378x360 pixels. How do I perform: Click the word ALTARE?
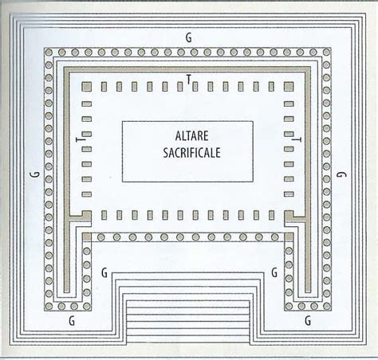[191, 136]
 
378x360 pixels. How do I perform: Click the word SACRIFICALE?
[191, 153]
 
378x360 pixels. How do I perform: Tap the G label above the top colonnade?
[188, 37]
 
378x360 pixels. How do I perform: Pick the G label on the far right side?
[341, 174]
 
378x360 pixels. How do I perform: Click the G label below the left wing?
[72, 321]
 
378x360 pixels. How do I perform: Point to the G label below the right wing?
[308, 321]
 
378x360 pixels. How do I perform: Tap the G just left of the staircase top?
[104, 272]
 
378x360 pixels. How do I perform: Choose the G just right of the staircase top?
[274, 272]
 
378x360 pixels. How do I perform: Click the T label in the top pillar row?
[188, 79]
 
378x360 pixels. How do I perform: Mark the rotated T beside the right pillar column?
[297, 139]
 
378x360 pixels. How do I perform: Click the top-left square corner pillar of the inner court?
[86, 87]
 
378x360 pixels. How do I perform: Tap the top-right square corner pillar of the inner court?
[289, 87]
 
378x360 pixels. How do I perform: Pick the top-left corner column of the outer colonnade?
[49, 53]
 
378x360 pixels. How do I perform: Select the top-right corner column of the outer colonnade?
[326, 53]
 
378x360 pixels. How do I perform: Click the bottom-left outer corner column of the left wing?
[49, 307]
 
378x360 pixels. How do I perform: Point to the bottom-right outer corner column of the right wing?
[326, 307]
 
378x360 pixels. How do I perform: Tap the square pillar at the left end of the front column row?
[86, 237]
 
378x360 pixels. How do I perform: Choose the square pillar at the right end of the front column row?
[289, 237]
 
